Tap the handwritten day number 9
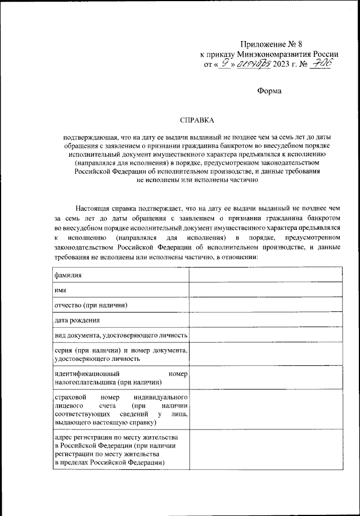tap(225, 64)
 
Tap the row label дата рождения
tap(77, 320)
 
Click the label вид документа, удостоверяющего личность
tap(120, 336)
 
